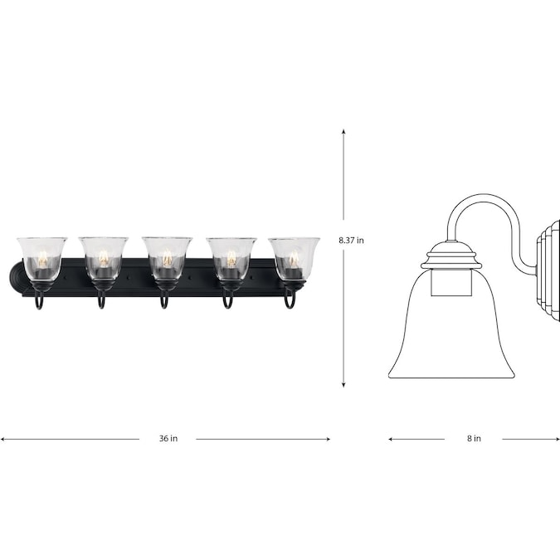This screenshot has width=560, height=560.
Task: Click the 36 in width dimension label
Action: (168, 438)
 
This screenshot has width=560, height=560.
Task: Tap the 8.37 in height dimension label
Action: (351, 241)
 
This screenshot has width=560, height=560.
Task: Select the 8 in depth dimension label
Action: (474, 438)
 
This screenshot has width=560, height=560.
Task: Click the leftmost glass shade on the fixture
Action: (41, 258)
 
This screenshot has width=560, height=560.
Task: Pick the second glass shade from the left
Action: (103, 258)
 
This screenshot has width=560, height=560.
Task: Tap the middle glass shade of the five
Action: (167, 258)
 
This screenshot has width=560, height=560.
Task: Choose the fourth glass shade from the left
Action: (231, 258)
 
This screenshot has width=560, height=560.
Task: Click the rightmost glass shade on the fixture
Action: (295, 258)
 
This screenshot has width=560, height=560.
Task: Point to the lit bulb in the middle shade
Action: (167, 257)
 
